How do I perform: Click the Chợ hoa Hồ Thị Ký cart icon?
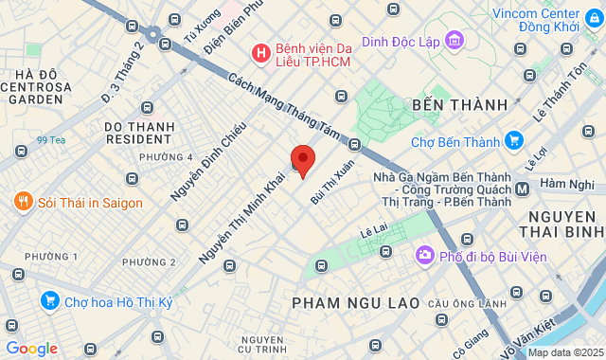49,301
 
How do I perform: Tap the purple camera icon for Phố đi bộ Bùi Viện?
424,255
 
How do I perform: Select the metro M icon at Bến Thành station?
523,189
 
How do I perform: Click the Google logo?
31,349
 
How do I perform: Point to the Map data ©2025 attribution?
565,352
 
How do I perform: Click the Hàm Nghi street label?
567,184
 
